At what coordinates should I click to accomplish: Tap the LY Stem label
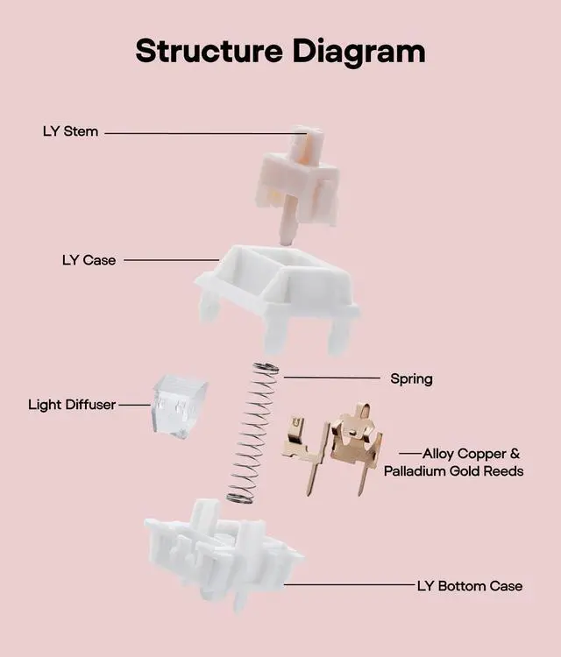70,131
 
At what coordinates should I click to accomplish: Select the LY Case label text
89,260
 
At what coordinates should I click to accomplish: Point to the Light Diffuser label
72,405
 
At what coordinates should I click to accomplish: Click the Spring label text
411,379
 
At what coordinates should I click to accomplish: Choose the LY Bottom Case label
469,585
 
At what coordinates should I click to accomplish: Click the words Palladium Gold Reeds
453,471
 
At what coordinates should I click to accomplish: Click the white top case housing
276,285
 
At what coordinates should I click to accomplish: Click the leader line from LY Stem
202,133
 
